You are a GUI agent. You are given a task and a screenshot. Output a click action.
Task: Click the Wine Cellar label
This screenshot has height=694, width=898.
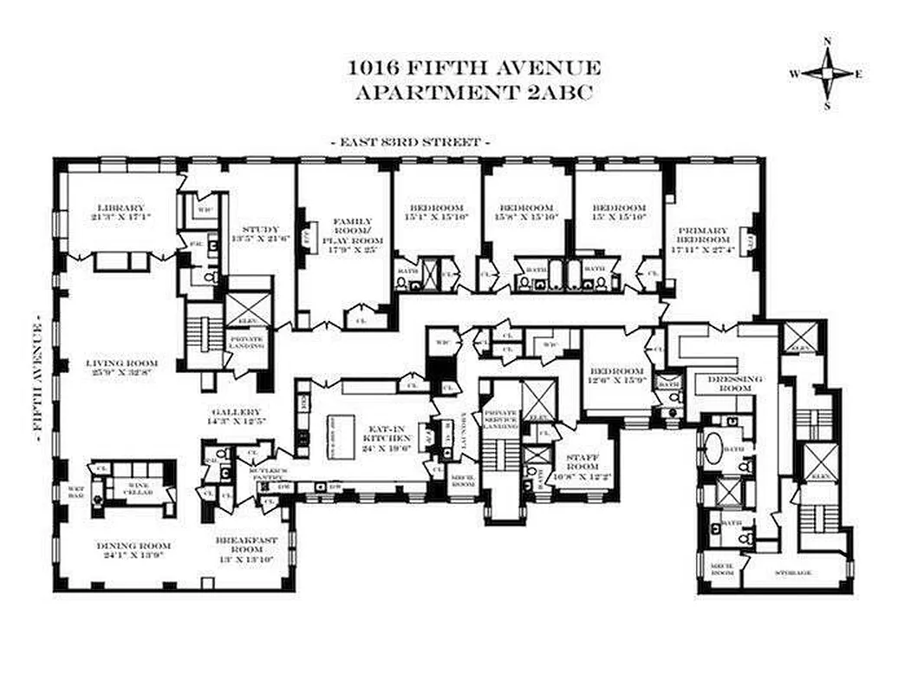[x=140, y=488]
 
